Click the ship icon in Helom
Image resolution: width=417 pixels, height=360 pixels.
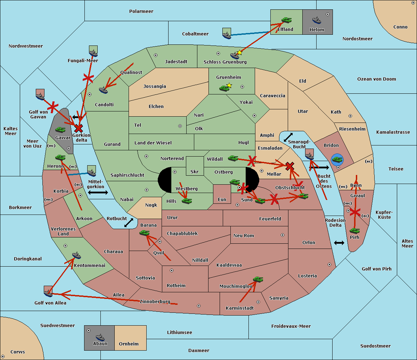[317, 20]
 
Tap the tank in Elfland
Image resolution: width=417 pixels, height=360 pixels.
[286, 20]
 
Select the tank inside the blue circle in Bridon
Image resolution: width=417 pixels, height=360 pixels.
[337, 160]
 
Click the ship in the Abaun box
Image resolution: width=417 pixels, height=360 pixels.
[100, 337]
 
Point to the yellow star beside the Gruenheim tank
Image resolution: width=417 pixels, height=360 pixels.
[229, 85]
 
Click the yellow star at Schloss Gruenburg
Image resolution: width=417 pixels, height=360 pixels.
[239, 53]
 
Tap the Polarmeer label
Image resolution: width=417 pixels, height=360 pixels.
[141, 11]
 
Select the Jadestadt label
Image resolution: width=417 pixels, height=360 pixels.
[176, 61]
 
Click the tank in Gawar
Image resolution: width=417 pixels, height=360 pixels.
[60, 129]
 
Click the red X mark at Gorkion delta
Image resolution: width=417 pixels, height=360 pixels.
[79, 128]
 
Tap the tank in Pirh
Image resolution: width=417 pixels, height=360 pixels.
[354, 231]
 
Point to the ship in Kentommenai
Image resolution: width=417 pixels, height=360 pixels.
[76, 255]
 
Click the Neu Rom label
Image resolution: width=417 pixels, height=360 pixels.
[244, 235]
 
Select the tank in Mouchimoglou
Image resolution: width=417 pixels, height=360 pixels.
[258, 279]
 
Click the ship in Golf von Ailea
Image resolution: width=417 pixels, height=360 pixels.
[48, 292]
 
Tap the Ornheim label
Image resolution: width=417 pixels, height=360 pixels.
[129, 344]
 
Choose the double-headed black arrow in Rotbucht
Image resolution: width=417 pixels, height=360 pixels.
[129, 223]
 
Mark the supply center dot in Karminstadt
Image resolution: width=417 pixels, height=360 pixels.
[258, 302]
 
